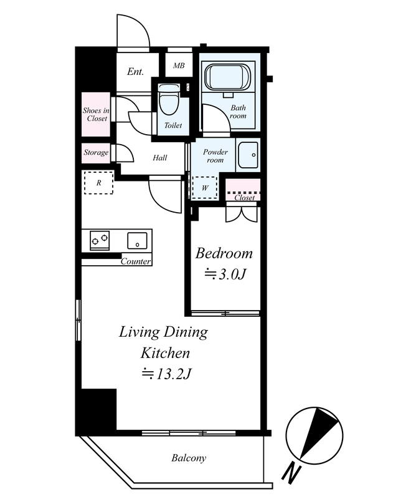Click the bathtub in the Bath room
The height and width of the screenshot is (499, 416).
(x=228, y=77)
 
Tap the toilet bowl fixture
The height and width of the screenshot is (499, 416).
(x=168, y=99)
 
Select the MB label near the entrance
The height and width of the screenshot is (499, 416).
(x=179, y=65)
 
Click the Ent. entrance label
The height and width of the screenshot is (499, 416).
(x=135, y=71)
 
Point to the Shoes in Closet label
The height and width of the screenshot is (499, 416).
(x=96, y=114)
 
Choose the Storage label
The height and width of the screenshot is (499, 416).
(x=96, y=152)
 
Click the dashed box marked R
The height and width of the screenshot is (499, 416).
(x=98, y=183)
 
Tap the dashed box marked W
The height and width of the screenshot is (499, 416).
(x=205, y=188)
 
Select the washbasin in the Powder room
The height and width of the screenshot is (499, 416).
(x=248, y=155)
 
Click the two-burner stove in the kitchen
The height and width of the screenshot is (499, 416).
(x=100, y=240)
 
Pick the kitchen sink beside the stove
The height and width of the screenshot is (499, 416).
(x=137, y=241)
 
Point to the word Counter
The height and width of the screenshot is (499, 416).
(x=136, y=261)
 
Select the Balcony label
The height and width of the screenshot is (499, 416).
(x=189, y=458)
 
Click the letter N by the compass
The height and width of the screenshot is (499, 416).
(x=291, y=473)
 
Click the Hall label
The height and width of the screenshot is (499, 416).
(x=160, y=158)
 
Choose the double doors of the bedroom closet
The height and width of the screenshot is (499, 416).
(x=241, y=214)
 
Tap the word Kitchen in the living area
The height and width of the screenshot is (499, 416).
(x=165, y=353)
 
